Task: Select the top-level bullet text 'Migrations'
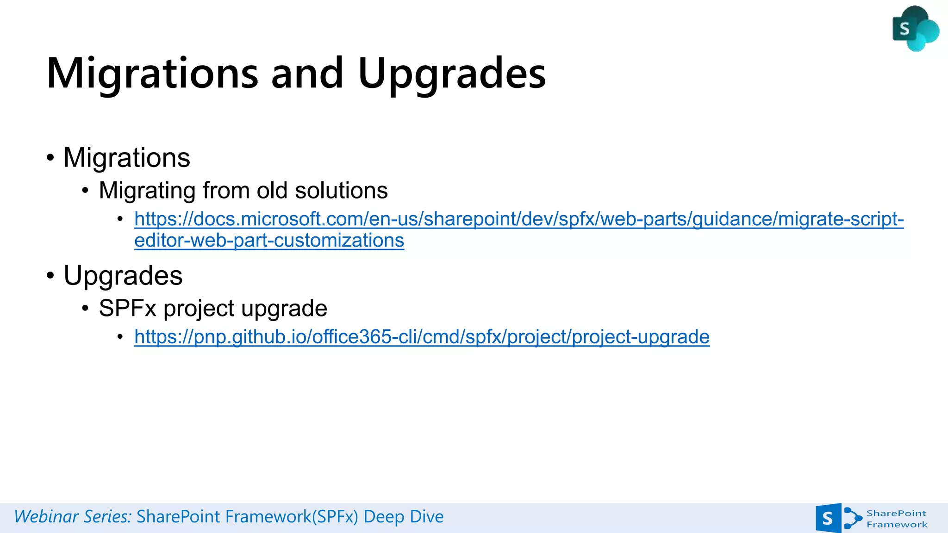(127, 158)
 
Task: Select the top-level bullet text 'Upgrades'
(123, 276)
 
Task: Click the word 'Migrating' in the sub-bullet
(147, 191)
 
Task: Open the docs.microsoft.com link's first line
(519, 219)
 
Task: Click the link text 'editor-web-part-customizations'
(269, 241)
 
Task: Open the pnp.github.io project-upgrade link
(422, 337)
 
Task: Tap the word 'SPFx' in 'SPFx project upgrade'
(128, 309)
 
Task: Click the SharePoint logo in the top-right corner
(915, 29)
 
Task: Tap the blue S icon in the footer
(828, 518)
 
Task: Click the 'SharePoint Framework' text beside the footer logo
(897, 519)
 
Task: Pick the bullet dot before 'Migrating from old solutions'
(85, 191)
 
